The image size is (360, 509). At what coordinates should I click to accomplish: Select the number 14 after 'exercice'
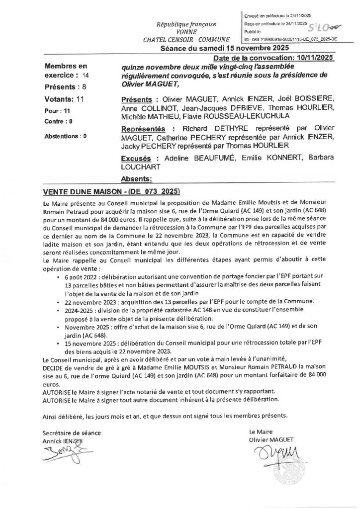[x=87, y=76]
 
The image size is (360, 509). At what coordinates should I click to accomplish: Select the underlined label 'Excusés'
[x=136, y=158]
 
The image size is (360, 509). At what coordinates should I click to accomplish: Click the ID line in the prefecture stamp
[x=289, y=38]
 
